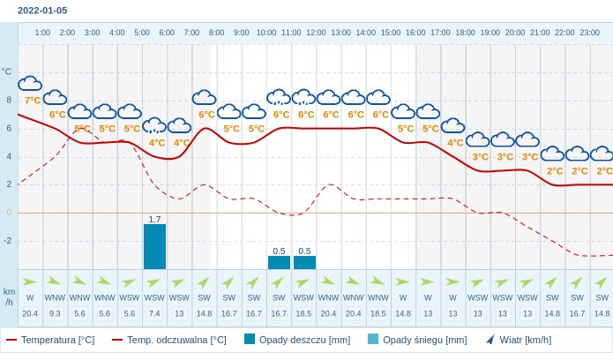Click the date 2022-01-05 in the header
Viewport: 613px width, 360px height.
pyautogui.click(x=42, y=11)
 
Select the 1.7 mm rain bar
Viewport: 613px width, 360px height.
pyautogui.click(x=154, y=246)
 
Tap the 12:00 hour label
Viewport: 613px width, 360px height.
pyautogui.click(x=316, y=33)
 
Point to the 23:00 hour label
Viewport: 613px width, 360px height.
pyautogui.click(x=589, y=33)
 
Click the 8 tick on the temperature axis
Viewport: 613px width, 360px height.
pyautogui.click(x=9, y=100)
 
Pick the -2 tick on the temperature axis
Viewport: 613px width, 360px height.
pyautogui.click(x=8, y=241)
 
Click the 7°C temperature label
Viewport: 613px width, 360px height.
pyautogui.click(x=33, y=101)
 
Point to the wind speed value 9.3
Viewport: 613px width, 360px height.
pyautogui.click(x=55, y=313)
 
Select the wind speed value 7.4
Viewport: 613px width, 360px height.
pyautogui.click(x=154, y=313)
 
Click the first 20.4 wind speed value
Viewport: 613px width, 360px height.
pyautogui.click(x=30, y=313)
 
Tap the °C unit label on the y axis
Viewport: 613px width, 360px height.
pyautogui.click(x=7, y=71)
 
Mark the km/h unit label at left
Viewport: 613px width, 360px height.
pyautogui.click(x=9, y=296)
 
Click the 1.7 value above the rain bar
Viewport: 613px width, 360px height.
pyautogui.click(x=154, y=219)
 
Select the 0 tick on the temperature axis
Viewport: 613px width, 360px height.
pyautogui.click(x=9, y=213)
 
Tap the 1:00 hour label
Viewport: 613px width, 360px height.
pyautogui.click(x=42, y=33)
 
